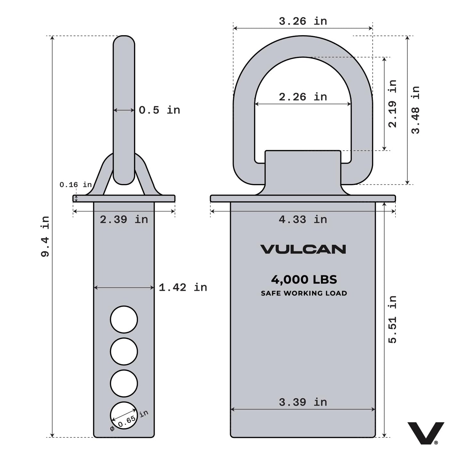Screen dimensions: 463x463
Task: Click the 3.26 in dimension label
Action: pyautogui.click(x=303, y=21)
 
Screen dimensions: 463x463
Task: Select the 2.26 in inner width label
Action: pyautogui.click(x=303, y=97)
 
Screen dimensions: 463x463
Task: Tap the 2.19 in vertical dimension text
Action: pyautogui.click(x=392, y=103)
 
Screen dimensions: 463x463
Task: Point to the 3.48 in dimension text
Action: pyautogui.click(x=415, y=110)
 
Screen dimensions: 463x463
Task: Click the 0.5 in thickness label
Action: pyautogui.click(x=159, y=110)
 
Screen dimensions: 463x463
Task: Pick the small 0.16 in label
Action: pyautogui.click(x=76, y=185)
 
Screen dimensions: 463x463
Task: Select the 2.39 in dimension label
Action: pyautogui.click(x=124, y=219)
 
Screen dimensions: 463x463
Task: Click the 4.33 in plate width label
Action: pyautogui.click(x=303, y=219)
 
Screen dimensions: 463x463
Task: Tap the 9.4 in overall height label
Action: pyautogui.click(x=45, y=236)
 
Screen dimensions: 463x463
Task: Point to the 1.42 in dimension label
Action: pyautogui.click(x=183, y=287)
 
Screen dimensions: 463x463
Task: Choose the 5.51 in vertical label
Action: pyautogui.click(x=392, y=319)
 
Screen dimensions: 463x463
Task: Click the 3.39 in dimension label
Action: pyautogui.click(x=303, y=402)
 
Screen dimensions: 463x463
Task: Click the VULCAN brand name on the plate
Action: pyautogui.click(x=303, y=249)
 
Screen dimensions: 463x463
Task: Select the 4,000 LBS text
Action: pyautogui.click(x=304, y=279)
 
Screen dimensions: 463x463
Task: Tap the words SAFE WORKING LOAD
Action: pyautogui.click(x=304, y=293)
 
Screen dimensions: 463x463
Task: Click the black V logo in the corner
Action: pyautogui.click(x=426, y=433)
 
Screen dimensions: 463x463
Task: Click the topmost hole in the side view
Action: pyautogui.click(x=124, y=319)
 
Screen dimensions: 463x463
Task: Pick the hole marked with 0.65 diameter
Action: pyautogui.click(x=124, y=415)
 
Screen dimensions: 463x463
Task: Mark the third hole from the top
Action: pyautogui.click(x=124, y=383)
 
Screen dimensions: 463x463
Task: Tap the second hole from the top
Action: pyautogui.click(x=124, y=351)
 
